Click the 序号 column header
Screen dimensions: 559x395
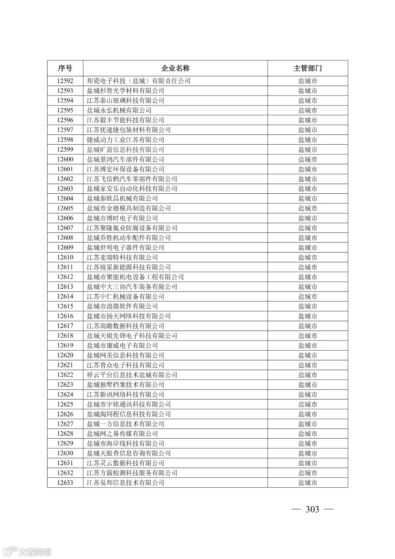[65, 68]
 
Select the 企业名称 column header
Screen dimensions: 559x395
[176, 68]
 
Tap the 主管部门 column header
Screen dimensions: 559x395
[308, 68]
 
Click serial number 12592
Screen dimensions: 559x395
[65, 81]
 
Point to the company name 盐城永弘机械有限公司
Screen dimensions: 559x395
[119, 110]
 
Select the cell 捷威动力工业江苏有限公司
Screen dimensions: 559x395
[126, 140]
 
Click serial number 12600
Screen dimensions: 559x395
[65, 159]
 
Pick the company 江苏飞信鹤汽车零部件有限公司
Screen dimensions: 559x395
[132, 179]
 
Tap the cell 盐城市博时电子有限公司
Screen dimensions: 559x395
[123, 218]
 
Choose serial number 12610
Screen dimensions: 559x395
[65, 257]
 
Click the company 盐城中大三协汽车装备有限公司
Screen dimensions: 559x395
[132, 287]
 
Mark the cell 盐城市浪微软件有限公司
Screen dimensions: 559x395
[123, 306]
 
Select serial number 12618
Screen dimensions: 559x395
[65, 336]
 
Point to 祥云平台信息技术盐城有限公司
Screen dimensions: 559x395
[132, 375]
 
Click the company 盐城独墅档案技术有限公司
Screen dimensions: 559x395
[126, 385]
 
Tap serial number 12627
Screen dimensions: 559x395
[65, 424]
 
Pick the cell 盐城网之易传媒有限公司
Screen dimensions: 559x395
[123, 434]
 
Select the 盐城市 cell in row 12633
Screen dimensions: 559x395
[308, 483]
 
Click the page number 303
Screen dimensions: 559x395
[312, 510]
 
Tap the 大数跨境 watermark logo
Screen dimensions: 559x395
[27, 551]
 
